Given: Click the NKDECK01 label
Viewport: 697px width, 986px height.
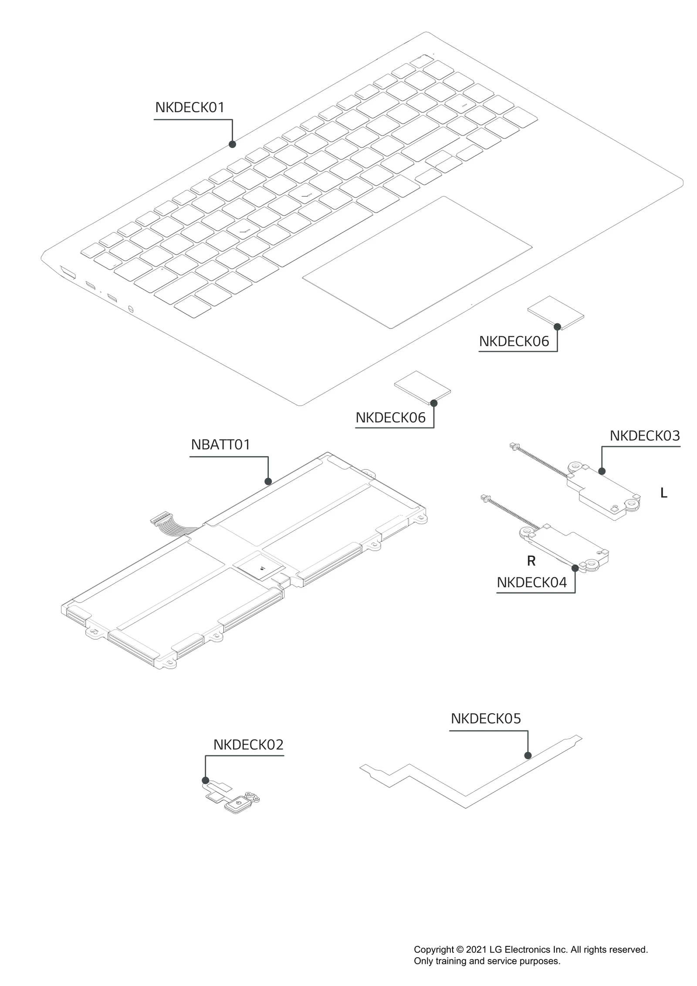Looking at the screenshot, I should [189, 108].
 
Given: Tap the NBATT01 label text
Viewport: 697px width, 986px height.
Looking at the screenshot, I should [220, 445].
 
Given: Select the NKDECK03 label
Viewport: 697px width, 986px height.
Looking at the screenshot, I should [644, 436].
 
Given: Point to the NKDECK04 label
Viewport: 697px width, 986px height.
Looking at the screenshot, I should [531, 583].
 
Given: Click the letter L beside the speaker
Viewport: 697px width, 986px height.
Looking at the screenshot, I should [663, 493].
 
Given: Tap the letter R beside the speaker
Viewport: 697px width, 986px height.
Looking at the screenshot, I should [531, 561].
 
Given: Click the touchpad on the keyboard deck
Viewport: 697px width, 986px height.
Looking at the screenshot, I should [417, 262].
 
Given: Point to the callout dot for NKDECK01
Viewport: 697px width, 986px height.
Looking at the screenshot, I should [232, 144].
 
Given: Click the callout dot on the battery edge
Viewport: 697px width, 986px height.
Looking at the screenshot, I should [268, 481].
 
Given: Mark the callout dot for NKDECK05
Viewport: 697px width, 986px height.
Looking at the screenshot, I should [528, 756].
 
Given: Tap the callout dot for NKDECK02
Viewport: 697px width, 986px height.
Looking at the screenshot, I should [206, 780].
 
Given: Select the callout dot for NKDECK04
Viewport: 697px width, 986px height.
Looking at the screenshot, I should [575, 568].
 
